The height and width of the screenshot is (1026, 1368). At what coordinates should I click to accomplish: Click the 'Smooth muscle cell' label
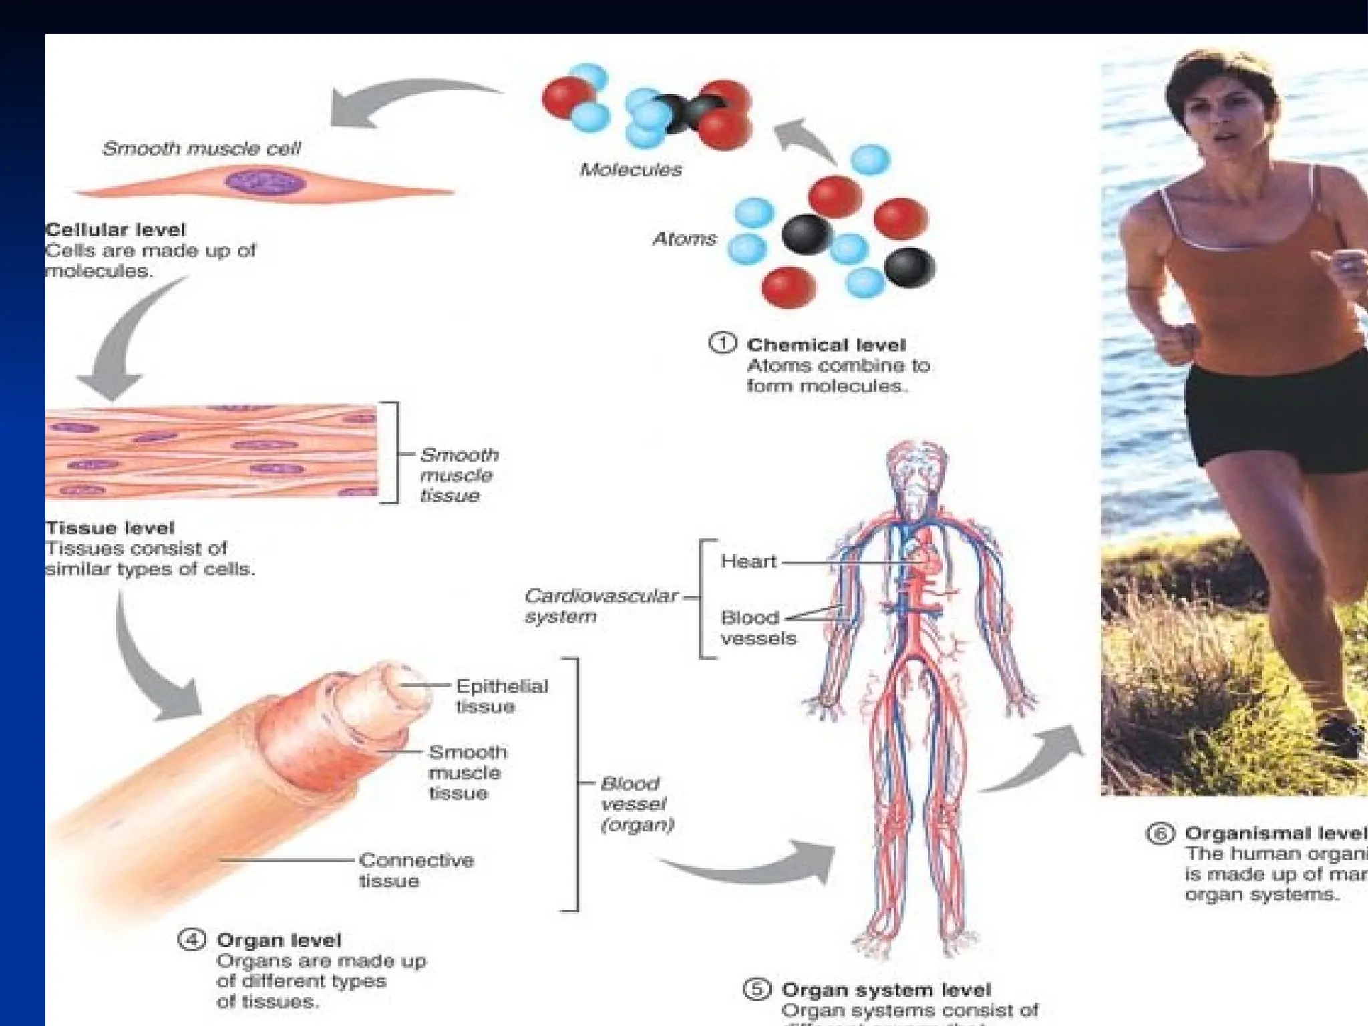(201, 148)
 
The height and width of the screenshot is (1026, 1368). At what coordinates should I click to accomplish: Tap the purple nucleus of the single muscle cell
(265, 182)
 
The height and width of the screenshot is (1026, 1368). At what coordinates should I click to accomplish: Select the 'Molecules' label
(631, 170)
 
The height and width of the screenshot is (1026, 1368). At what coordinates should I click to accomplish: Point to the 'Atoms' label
(684, 238)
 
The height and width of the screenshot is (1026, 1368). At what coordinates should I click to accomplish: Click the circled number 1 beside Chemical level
(722, 343)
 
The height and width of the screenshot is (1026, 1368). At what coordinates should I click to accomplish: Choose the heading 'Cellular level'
(116, 230)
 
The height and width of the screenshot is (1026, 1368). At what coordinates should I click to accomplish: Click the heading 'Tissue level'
(110, 528)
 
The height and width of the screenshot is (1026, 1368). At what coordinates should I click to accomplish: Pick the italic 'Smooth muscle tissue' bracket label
(459, 475)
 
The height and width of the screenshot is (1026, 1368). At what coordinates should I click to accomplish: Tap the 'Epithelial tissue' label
(501, 696)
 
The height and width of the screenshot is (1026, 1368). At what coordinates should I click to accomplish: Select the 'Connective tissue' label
(415, 870)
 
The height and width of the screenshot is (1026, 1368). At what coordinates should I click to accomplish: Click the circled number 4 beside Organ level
(192, 940)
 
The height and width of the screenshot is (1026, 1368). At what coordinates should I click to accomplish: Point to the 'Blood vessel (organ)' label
(635, 804)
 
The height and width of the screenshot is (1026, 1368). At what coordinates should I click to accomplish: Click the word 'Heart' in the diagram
(748, 561)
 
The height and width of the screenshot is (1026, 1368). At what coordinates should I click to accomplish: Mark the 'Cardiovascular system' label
(599, 605)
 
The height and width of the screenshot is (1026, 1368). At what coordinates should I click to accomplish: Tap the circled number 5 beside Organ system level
(757, 989)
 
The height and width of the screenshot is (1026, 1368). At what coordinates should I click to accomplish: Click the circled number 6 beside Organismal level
(1160, 834)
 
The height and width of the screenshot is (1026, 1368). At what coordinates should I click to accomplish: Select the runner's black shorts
(1269, 414)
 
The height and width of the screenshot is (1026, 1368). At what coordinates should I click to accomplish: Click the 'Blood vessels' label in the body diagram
(757, 627)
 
